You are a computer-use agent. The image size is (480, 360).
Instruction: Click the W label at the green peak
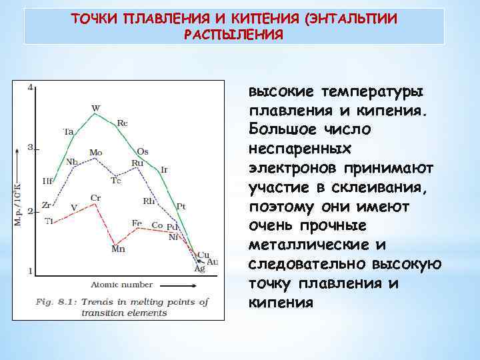coord(96,107)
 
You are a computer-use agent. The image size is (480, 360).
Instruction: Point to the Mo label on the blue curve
coord(96,153)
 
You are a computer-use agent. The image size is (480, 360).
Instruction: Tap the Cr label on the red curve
coord(95,198)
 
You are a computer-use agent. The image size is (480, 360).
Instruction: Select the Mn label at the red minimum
coord(118,249)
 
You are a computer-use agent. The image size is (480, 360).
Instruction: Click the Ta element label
coord(68,131)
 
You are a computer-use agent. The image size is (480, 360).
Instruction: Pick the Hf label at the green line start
coord(47,181)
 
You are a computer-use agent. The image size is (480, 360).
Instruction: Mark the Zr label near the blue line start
coord(47,205)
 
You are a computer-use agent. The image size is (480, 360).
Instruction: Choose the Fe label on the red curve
coord(137,223)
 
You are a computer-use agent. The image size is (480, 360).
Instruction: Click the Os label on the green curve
coord(143,151)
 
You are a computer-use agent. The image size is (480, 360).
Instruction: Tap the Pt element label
coord(180,206)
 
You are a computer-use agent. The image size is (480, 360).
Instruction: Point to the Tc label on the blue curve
coord(116,180)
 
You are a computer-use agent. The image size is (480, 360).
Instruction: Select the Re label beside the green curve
coord(123,123)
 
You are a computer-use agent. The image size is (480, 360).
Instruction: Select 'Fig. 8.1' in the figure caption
coord(55,302)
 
